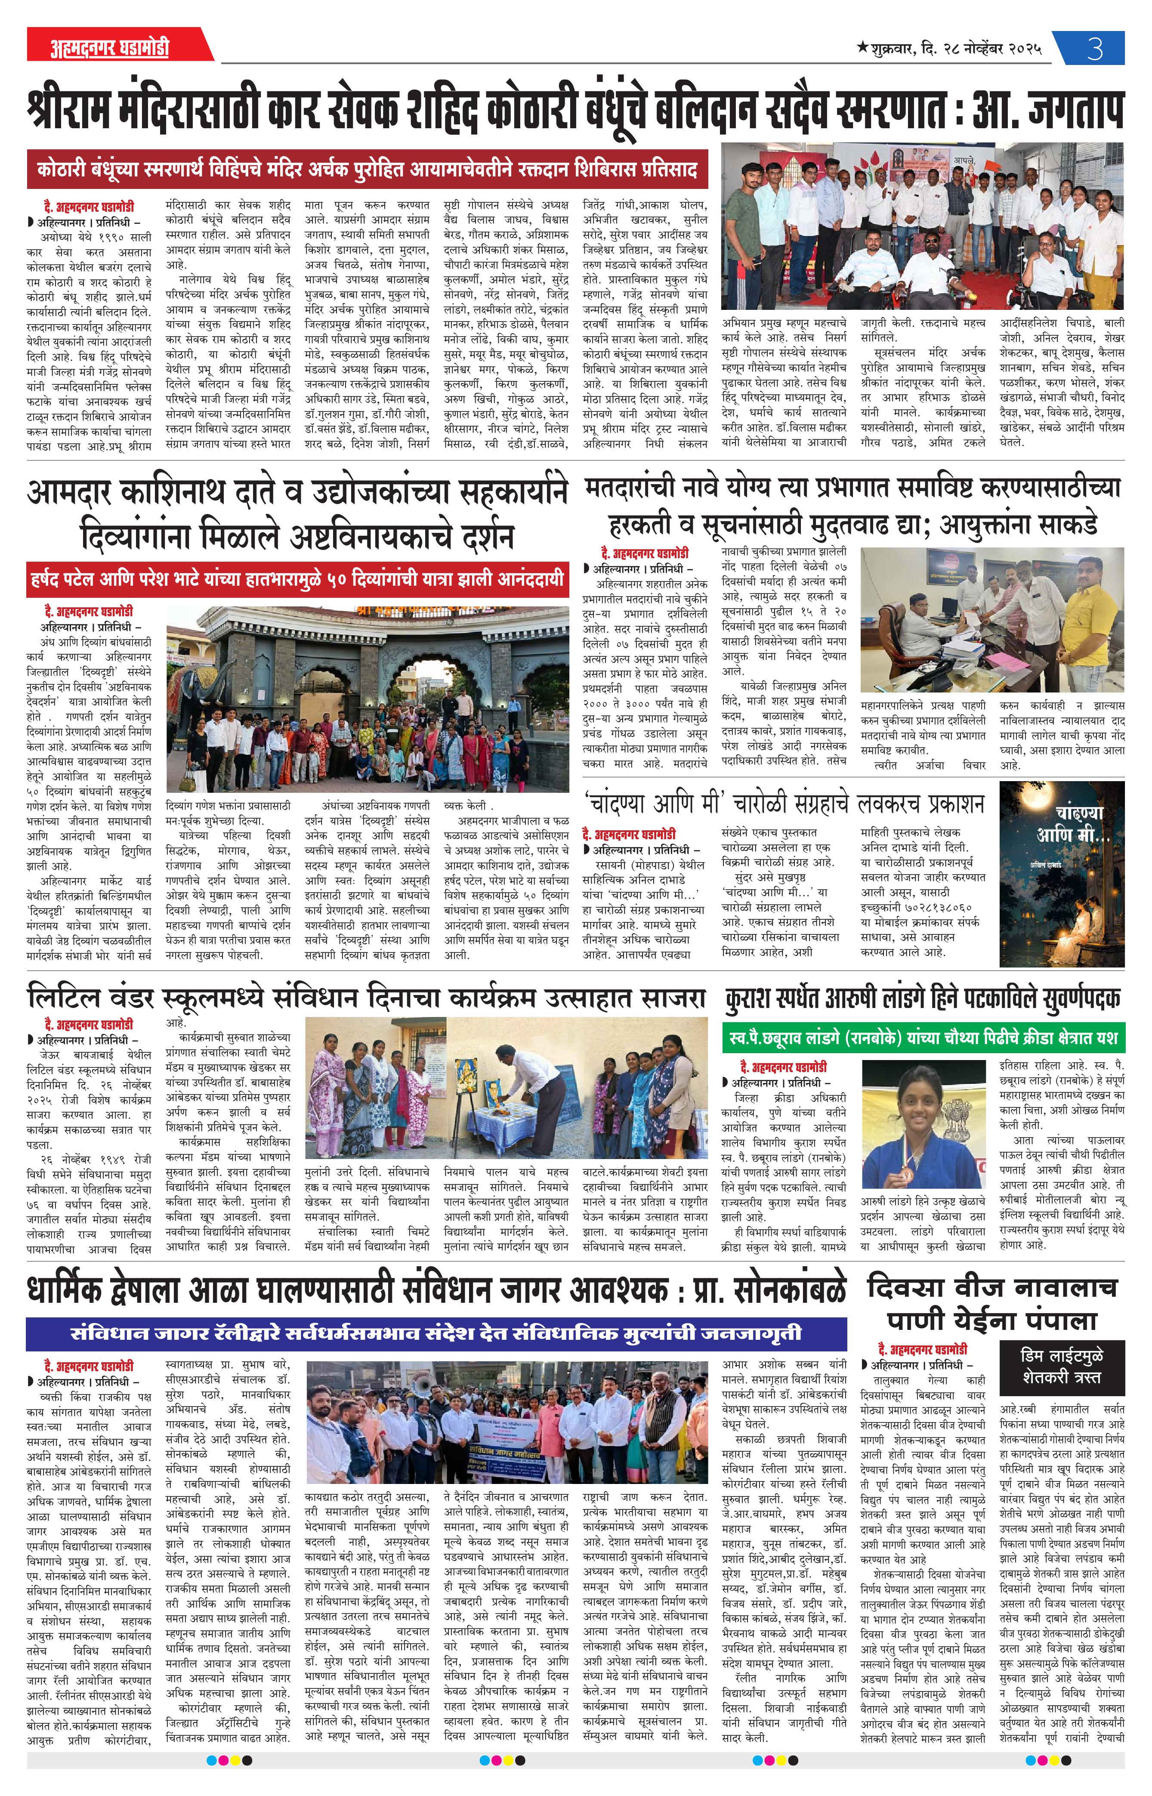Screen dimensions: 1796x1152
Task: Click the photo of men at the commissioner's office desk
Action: pyautogui.click(x=992, y=622)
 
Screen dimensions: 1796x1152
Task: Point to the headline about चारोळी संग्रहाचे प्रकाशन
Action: pyautogui.click(x=784, y=805)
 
